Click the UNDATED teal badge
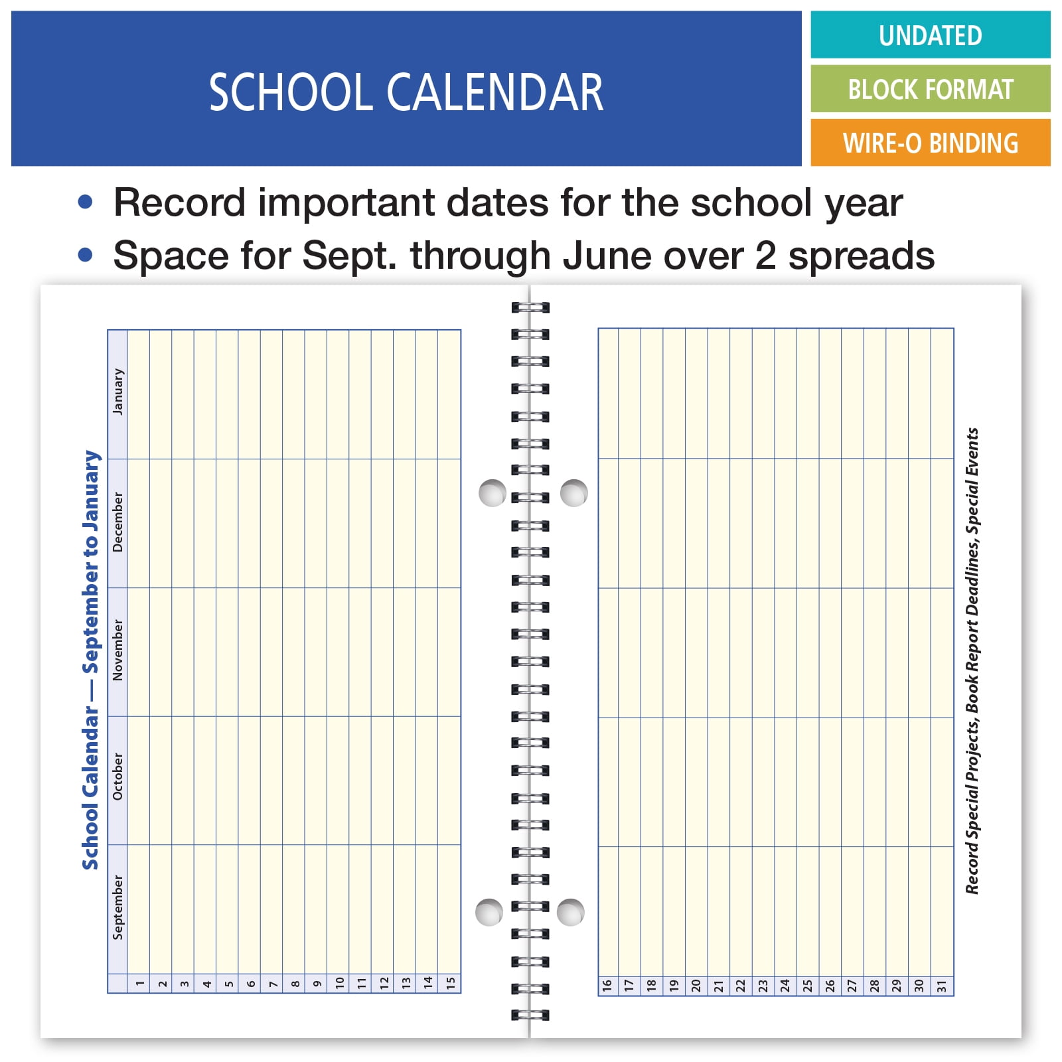930,35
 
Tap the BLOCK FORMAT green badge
930,89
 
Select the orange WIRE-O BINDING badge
930,143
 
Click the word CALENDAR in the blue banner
495,92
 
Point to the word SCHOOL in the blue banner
291,92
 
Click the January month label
118,392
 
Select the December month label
118,522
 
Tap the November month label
118,650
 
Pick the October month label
118,776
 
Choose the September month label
118,907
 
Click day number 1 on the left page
139,984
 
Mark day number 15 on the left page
451,984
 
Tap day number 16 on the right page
607,986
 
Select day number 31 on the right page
942,986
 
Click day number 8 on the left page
295,984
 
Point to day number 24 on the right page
785,986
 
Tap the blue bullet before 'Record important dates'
85,202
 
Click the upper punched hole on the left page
493,493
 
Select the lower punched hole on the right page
570,912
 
